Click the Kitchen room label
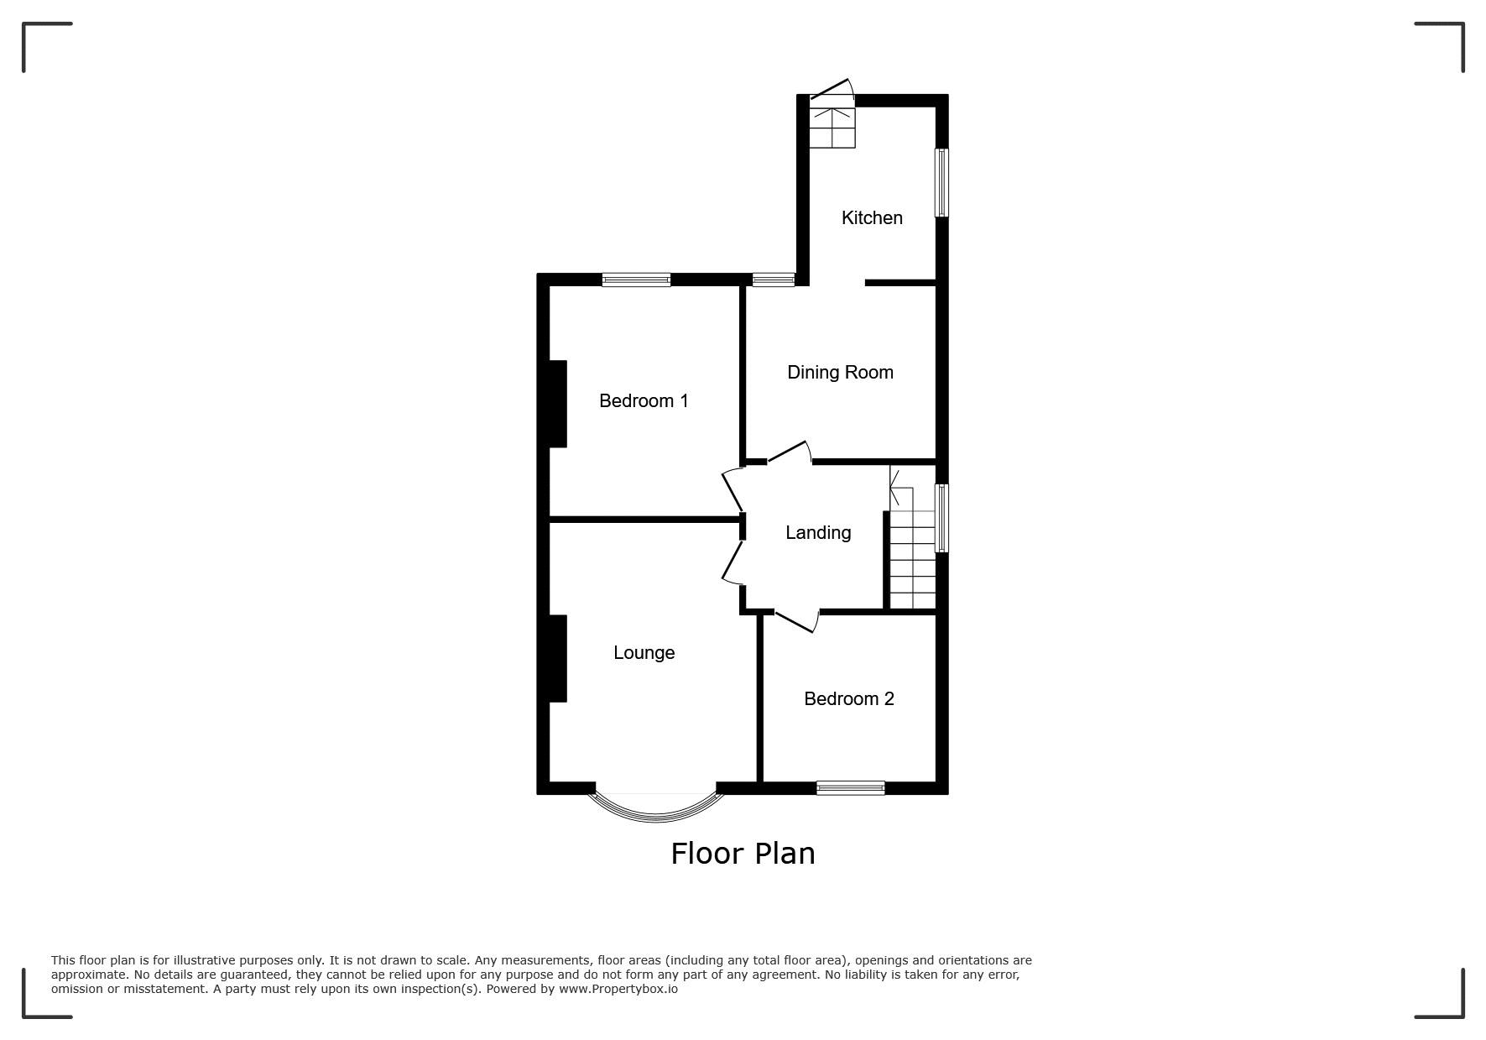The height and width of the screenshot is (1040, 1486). pos(872,217)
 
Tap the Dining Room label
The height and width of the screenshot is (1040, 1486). pos(840,372)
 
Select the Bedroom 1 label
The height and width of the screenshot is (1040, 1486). pos(644,400)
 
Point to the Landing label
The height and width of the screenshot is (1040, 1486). pos(818,532)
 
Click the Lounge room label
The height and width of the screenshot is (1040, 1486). pos(644,652)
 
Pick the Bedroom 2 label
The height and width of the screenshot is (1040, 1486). pos(849,698)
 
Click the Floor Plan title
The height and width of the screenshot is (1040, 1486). pos(743,853)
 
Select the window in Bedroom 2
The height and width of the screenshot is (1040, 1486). pos(851,787)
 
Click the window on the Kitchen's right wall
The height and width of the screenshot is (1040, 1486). pos(942,183)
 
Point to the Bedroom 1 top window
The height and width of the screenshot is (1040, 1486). pos(636,280)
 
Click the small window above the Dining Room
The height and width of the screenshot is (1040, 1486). pos(773,280)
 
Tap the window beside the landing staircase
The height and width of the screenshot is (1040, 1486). pos(942,518)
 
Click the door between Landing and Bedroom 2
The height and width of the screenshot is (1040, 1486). pos(795,620)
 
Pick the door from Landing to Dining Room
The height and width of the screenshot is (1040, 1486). pos(790,452)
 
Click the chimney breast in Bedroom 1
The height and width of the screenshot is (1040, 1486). pos(557,404)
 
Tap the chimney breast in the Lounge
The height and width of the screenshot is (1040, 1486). pos(557,658)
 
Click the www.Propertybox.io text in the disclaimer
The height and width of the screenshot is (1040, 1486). pos(618,989)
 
